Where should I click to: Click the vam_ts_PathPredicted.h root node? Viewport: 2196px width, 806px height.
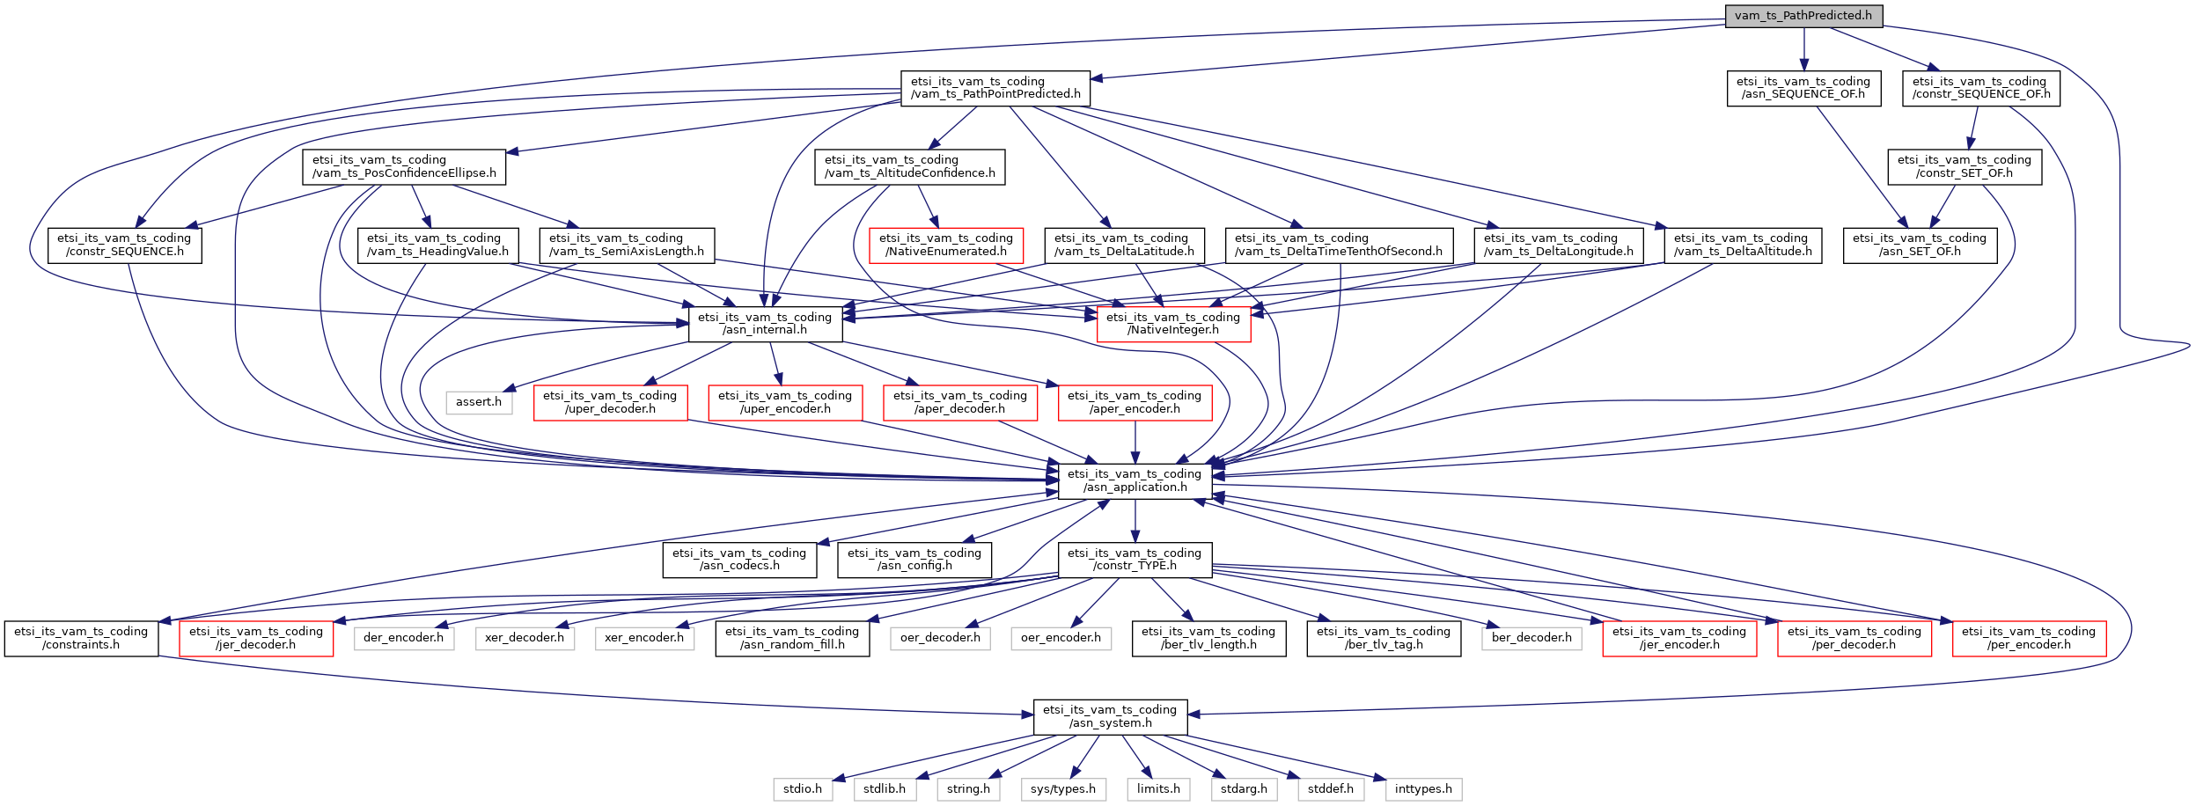[x=1803, y=16]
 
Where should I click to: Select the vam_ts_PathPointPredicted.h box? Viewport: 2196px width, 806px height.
[x=995, y=88]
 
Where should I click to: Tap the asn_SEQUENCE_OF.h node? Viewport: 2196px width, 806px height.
[x=1803, y=88]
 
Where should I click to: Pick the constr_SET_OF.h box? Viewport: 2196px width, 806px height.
[x=1964, y=166]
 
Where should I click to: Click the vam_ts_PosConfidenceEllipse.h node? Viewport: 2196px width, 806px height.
[x=404, y=166]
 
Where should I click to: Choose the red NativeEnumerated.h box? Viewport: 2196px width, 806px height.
[x=946, y=245]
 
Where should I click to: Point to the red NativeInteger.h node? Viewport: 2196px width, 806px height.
[x=1173, y=324]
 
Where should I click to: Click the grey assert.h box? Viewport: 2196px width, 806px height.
[x=479, y=402]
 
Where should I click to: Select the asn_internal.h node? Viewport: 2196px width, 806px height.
[x=765, y=324]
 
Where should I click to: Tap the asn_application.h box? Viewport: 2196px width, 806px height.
[x=1135, y=480]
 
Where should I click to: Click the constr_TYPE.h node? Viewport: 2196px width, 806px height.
[x=1135, y=560]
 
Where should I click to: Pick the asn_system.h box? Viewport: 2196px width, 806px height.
[x=1110, y=716]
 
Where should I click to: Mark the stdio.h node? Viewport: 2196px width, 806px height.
[x=803, y=789]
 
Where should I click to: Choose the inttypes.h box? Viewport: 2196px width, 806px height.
[x=1423, y=789]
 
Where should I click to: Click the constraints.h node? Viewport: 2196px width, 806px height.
[x=81, y=638]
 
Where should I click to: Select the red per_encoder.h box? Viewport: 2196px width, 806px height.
[x=2029, y=638]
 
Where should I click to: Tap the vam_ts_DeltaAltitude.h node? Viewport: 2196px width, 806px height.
[x=1743, y=245]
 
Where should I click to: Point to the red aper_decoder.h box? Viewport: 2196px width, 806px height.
[x=960, y=402]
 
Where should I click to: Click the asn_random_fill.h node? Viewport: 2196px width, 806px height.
[x=792, y=638]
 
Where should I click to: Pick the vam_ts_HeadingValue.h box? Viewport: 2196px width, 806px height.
[x=437, y=245]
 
